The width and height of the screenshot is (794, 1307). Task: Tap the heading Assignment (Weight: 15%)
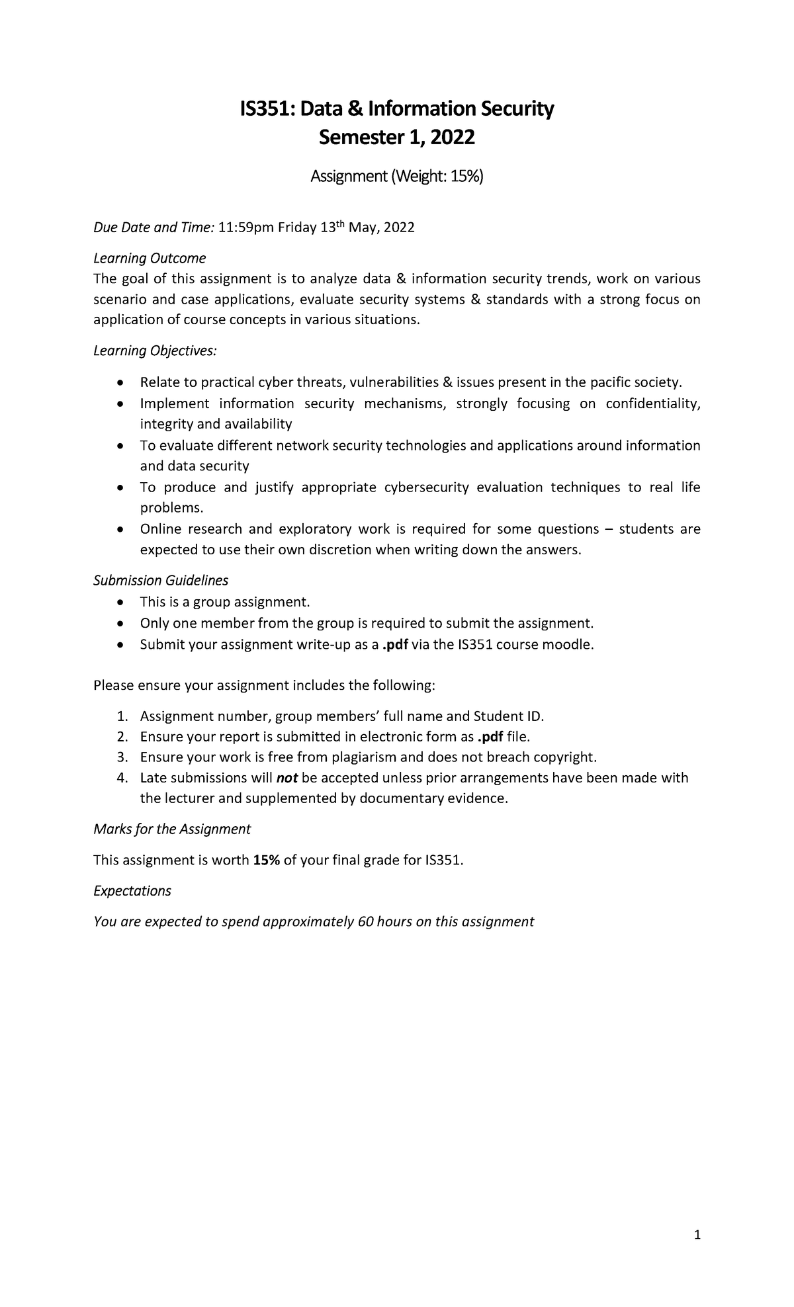pyautogui.click(x=397, y=177)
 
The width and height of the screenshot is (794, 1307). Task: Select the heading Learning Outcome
pyautogui.click(x=150, y=257)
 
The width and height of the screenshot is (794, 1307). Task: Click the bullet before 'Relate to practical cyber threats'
pyautogui.click(x=119, y=383)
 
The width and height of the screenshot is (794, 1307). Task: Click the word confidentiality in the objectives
pyautogui.click(x=652, y=403)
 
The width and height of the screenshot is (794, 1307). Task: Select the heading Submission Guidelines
pyautogui.click(x=161, y=581)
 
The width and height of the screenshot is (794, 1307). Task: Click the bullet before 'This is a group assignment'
pyautogui.click(x=119, y=603)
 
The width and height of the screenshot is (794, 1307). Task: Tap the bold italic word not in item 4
pyautogui.click(x=287, y=778)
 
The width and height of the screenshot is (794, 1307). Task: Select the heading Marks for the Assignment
pyautogui.click(x=172, y=829)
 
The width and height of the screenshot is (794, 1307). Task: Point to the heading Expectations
pyautogui.click(x=132, y=891)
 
